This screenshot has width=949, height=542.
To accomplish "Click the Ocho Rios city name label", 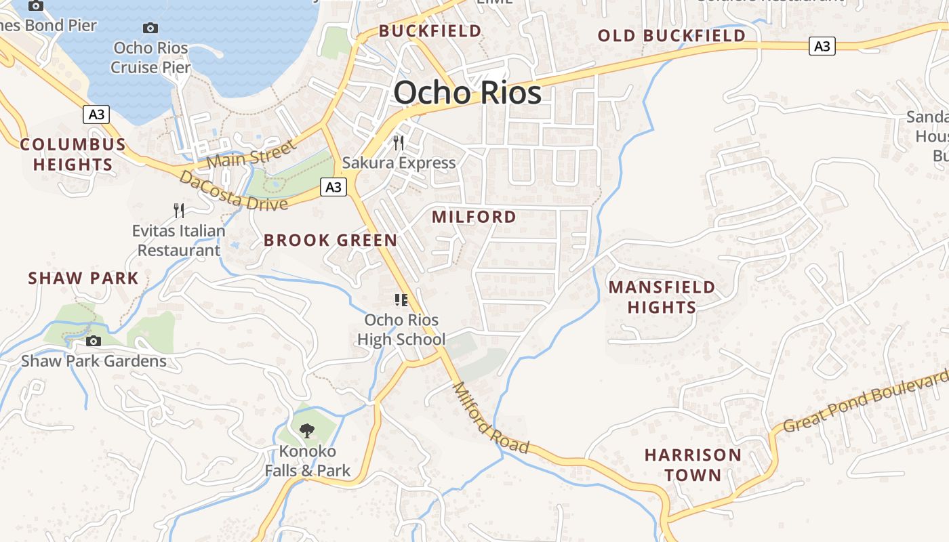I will click(468, 93).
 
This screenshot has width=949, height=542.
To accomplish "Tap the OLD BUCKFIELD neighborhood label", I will click(671, 36).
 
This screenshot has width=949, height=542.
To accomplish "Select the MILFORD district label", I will click(474, 217).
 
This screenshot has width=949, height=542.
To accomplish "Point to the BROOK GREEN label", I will click(330, 240).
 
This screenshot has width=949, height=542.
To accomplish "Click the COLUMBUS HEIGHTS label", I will click(73, 154).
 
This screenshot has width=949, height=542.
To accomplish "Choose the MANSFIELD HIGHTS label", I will click(662, 297).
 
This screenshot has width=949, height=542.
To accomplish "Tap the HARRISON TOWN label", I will click(693, 464).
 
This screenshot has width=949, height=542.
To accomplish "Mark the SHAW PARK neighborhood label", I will click(83, 278).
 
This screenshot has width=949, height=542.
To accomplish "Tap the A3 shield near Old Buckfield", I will click(822, 46).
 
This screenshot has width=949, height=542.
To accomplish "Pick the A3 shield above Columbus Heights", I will click(96, 114).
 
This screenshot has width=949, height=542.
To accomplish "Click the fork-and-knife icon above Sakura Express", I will click(399, 142).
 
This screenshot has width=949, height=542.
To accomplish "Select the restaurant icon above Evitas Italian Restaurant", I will click(179, 210).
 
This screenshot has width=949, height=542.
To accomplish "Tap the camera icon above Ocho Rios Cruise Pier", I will click(150, 28).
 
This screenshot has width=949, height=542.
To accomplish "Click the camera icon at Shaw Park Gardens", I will click(94, 341).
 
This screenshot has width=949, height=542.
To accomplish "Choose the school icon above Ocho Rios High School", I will click(401, 299).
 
